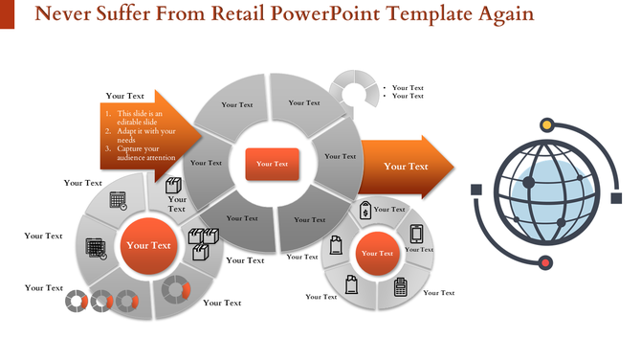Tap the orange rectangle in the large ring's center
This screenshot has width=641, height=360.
[273, 164]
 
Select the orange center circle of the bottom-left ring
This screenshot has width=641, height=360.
[148, 246]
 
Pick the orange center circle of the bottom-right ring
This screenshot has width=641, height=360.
[377, 254]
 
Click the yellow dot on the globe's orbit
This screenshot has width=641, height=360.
[546, 124]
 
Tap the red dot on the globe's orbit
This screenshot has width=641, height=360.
[545, 262]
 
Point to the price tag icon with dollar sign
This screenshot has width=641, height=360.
[365, 211]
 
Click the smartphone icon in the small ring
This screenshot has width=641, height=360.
[416, 234]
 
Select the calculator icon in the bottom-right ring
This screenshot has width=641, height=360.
[400, 285]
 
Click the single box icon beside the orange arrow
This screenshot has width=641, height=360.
[174, 186]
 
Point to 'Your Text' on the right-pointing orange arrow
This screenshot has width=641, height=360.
[406, 167]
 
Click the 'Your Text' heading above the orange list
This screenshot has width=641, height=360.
[125, 96]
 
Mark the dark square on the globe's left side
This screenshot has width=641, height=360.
[475, 189]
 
